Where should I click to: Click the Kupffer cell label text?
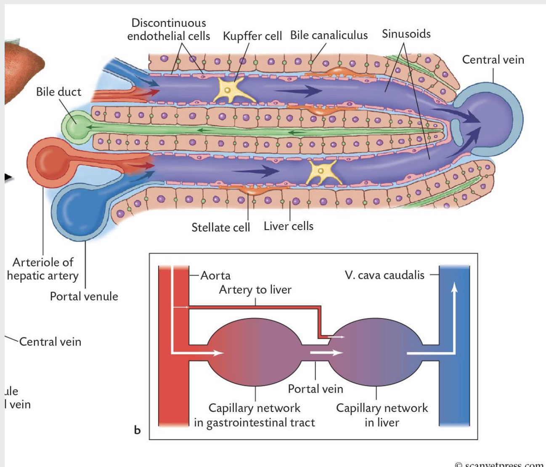point(252,36)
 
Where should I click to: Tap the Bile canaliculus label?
point(329,35)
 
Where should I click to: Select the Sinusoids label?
point(406,34)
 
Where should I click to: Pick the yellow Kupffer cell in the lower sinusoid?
point(322,172)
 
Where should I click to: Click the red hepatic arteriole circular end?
point(50,162)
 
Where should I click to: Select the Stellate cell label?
point(220,228)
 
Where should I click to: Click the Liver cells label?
point(289,226)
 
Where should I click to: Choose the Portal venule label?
point(84,296)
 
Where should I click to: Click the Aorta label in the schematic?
point(215,276)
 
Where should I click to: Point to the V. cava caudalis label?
point(384,275)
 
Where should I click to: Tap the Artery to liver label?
point(255,289)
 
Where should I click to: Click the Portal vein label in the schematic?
point(315,389)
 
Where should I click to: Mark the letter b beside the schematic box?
point(137,430)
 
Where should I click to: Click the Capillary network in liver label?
point(382,415)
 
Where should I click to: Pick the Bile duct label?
point(58,92)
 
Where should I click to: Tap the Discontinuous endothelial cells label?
point(169,29)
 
